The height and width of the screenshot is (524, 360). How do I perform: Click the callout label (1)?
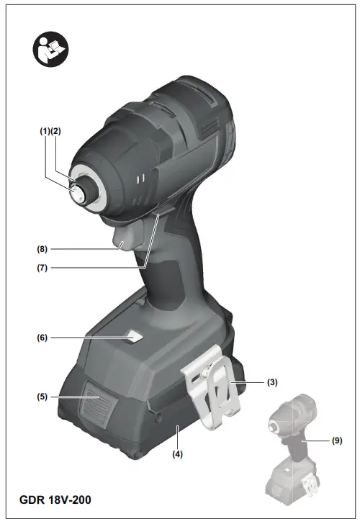44,131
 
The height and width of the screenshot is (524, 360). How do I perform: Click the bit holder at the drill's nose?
77,191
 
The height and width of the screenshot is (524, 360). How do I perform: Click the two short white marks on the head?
142,176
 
